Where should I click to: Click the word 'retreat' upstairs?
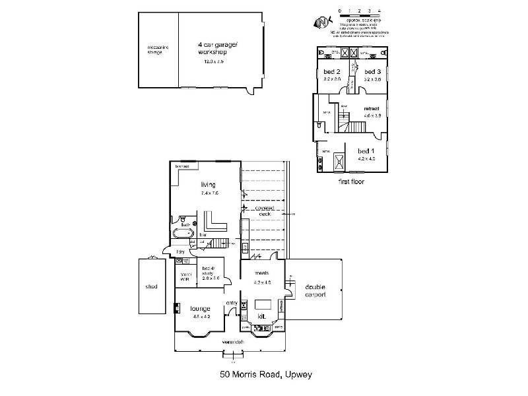pos(372,108)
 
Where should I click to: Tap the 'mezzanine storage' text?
pos(158,49)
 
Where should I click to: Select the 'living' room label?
pos(209,185)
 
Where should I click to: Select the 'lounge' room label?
pos(200,308)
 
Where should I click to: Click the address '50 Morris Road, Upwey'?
pos(265,374)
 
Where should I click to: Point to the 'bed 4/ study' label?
pos(209,271)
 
